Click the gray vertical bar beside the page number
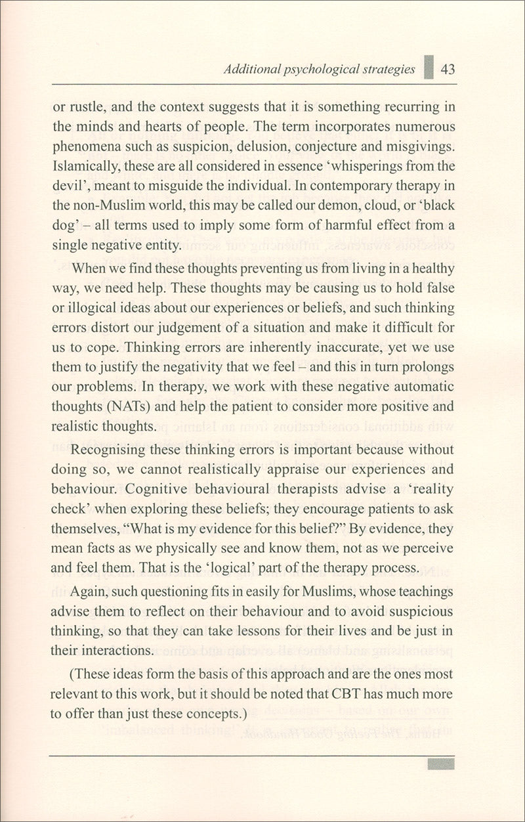429,68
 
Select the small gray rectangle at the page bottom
440,764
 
